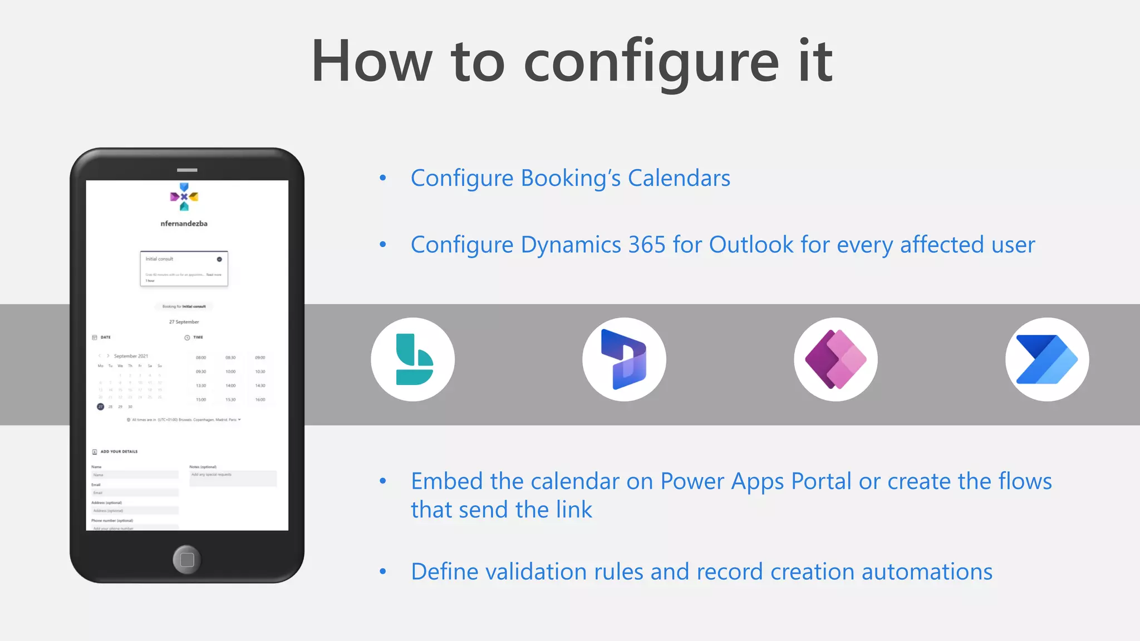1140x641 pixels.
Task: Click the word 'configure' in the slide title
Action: pyautogui.click(x=651, y=62)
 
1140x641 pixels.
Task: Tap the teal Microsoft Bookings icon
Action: pyautogui.click(x=413, y=359)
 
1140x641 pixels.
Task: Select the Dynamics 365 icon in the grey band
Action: pyautogui.click(x=624, y=359)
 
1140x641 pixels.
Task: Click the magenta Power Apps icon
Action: pyautogui.click(x=836, y=359)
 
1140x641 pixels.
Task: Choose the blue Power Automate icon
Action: pyautogui.click(x=1047, y=359)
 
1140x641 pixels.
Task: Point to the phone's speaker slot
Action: pyautogui.click(x=187, y=170)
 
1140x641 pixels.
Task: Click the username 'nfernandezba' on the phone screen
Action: pyautogui.click(x=184, y=224)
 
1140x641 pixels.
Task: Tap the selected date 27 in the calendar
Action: pyautogui.click(x=100, y=407)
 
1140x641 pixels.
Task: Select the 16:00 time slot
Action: pyautogui.click(x=260, y=400)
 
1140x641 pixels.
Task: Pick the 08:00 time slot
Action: pyautogui.click(x=201, y=358)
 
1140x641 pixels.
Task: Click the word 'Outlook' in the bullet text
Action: pyautogui.click(x=751, y=245)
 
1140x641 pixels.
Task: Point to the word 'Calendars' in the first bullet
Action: pyautogui.click(x=679, y=179)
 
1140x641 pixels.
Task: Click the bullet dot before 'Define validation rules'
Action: pyautogui.click(x=382, y=571)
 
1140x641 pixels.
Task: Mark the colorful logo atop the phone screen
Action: pyautogui.click(x=184, y=196)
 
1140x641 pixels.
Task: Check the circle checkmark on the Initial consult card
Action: pyautogui.click(x=219, y=259)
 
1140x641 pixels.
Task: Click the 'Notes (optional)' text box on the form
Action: pyautogui.click(x=233, y=478)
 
